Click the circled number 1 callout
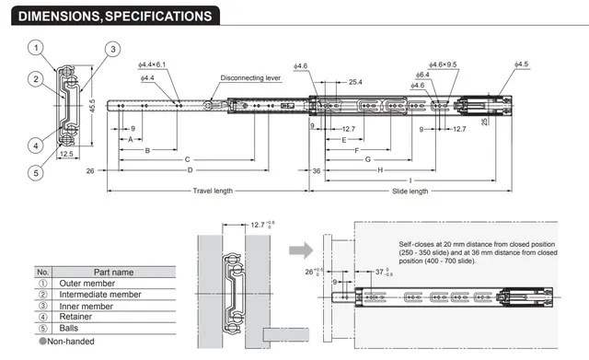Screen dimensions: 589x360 pos(36,48)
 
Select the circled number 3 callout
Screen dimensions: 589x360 pos(112,49)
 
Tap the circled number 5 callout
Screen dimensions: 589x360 pos(36,173)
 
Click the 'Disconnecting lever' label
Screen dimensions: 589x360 pos(250,77)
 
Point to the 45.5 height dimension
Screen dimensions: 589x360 pos(92,106)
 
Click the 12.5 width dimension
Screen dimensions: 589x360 pos(66,154)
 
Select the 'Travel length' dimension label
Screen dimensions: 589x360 pos(213,191)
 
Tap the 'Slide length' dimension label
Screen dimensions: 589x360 pos(410,192)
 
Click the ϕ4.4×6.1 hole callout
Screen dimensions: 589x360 pos(152,64)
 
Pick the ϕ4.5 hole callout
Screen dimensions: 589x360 pos(522,64)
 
